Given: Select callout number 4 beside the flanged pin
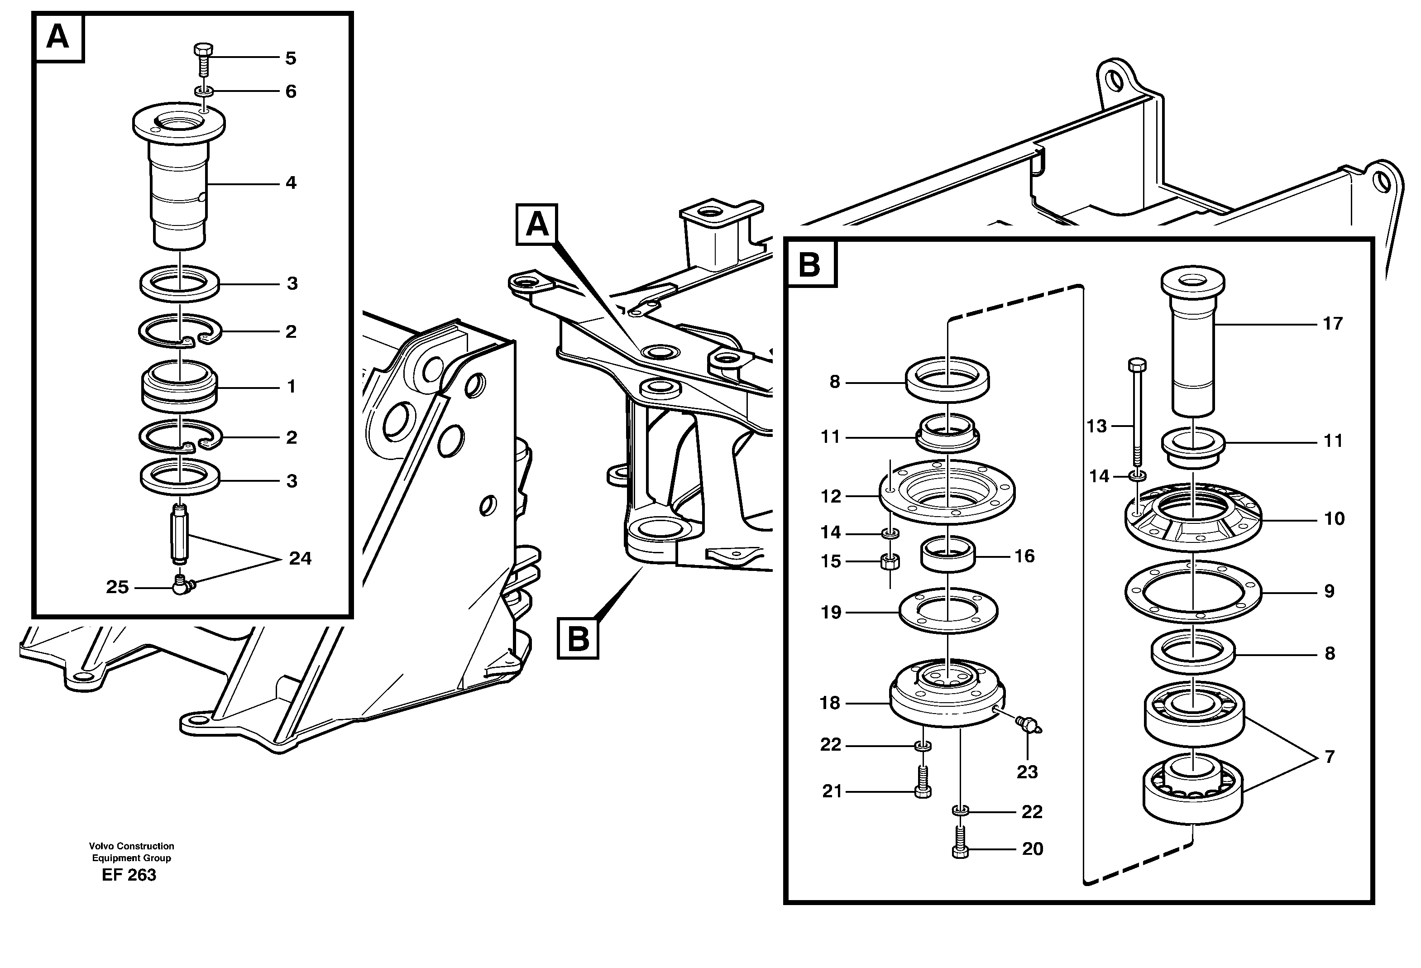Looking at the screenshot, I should pyautogui.click(x=291, y=183).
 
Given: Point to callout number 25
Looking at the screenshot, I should pyautogui.click(x=117, y=587).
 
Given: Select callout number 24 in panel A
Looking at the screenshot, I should pyautogui.click(x=300, y=558).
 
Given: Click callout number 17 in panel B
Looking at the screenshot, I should pyautogui.click(x=1333, y=323).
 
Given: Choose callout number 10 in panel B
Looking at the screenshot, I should pyautogui.click(x=1334, y=519).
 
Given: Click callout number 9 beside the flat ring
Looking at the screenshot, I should pyautogui.click(x=1329, y=591).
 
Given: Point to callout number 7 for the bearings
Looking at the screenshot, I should pyautogui.click(x=1329, y=757).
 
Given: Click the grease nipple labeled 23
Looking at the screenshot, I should pyautogui.click(x=1029, y=726).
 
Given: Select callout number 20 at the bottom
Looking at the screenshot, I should pyautogui.click(x=1033, y=849).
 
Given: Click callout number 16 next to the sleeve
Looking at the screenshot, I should pyautogui.click(x=1025, y=556).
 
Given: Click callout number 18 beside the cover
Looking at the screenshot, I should pyautogui.click(x=830, y=703).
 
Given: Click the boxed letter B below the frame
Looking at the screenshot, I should pyautogui.click(x=578, y=638).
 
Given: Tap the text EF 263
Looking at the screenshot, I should pyautogui.click(x=129, y=875).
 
